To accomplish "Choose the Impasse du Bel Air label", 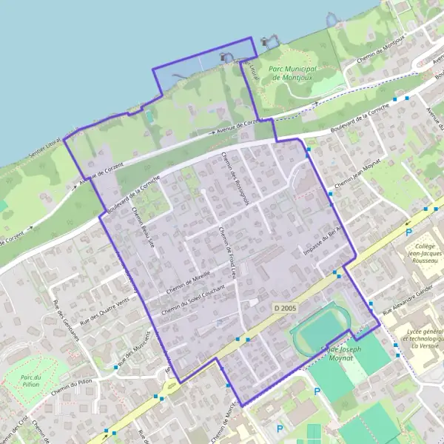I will click(319, 238).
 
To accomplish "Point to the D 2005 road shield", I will click(283, 308).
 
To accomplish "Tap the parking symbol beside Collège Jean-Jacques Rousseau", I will click(408, 232).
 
